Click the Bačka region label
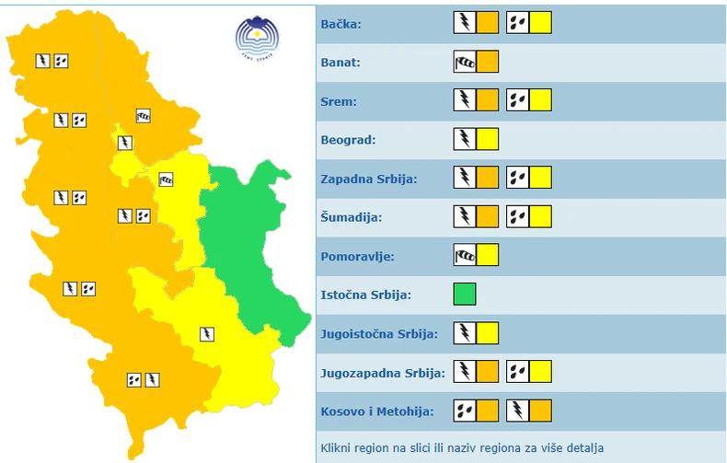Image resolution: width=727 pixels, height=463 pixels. coord(341,24)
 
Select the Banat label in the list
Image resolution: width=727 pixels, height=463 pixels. coord(340,63)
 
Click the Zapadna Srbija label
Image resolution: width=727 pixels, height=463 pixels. coord(369,179)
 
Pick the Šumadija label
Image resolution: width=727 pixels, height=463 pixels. coord(351,218)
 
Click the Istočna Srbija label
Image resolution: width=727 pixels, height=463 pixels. coord(365,295)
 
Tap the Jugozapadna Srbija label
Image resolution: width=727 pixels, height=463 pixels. coord(383,373)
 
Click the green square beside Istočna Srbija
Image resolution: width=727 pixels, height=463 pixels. coord(465,295)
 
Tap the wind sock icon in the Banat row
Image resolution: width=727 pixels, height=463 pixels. coord(465,63)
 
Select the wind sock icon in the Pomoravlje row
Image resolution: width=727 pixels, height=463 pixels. coord(465,256)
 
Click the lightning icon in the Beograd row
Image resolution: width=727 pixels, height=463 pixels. coord(465,140)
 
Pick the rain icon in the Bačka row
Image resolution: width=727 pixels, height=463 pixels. coord(517,23)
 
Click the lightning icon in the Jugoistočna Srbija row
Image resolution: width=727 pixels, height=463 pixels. coord(465,333)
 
